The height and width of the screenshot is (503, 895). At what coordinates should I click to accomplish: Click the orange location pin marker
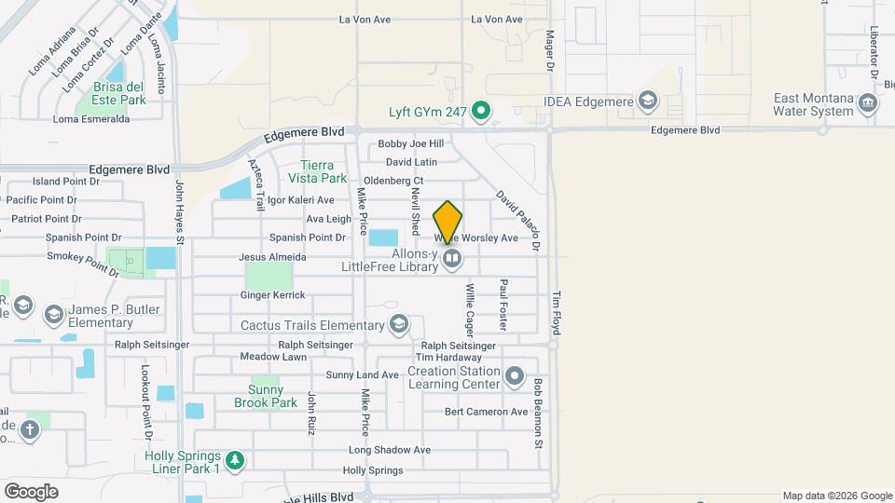(x=448, y=222)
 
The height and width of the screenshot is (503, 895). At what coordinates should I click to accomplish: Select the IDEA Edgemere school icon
(x=647, y=101)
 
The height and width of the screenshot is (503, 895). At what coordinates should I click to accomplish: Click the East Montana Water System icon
(x=869, y=102)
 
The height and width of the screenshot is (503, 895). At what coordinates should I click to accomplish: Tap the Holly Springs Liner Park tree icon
(x=237, y=459)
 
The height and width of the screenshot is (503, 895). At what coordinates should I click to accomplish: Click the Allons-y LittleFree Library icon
(x=452, y=259)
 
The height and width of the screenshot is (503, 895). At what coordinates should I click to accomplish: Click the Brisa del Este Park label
(x=119, y=93)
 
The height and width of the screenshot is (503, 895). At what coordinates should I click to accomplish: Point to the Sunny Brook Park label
(x=272, y=396)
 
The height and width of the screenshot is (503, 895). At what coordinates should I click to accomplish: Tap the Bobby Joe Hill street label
(x=410, y=144)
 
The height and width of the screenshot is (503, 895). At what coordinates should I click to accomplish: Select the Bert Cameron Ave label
(x=486, y=412)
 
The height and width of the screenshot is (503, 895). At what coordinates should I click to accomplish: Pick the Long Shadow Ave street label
(x=389, y=450)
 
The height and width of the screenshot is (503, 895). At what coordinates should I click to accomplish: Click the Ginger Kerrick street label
(x=272, y=295)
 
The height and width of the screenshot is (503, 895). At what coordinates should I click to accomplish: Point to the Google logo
(x=31, y=492)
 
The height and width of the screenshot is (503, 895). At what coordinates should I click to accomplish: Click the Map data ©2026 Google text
(x=836, y=496)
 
